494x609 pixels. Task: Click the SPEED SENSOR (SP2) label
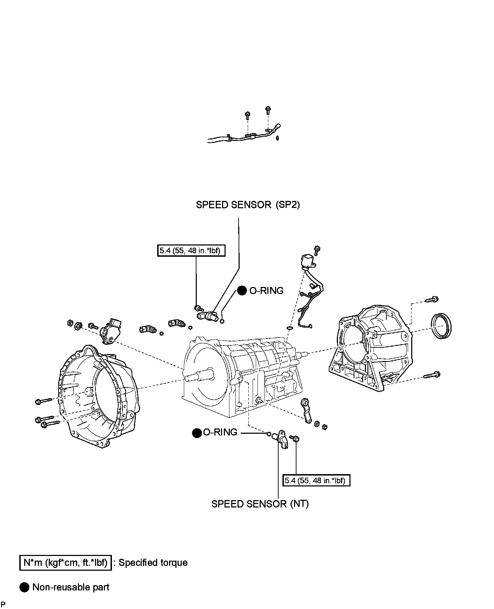(x=248, y=205)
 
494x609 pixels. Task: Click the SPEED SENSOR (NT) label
(x=260, y=504)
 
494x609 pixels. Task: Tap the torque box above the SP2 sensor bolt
(x=191, y=251)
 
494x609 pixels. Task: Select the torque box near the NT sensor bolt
(x=316, y=480)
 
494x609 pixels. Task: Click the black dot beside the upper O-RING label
(x=242, y=291)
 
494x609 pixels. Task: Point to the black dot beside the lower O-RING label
(x=197, y=433)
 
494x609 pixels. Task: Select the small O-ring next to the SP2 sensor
(x=222, y=321)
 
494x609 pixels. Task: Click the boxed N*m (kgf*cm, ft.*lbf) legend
(x=65, y=563)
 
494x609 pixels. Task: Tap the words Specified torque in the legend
(x=153, y=563)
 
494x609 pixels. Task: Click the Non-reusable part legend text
(x=71, y=587)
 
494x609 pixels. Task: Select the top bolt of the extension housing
(x=431, y=300)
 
